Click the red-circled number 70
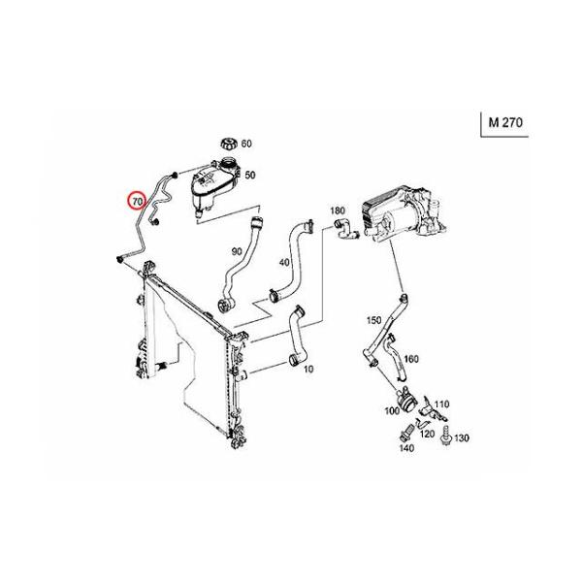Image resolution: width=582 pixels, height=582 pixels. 138,202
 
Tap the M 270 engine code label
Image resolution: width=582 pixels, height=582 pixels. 505,122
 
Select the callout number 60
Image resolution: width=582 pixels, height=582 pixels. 246,144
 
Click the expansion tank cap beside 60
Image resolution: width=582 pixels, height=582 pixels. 228,144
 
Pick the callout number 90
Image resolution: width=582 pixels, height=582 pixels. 237,251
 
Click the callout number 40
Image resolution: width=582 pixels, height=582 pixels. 284,263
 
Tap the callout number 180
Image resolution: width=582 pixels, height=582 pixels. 338,210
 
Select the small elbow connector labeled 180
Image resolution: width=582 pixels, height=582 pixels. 346,230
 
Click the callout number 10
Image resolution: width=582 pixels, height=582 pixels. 308,369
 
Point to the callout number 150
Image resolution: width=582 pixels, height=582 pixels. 373,320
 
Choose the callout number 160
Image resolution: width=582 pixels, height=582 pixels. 411,359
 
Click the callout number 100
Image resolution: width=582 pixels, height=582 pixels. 392,411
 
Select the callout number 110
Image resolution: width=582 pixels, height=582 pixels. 441,404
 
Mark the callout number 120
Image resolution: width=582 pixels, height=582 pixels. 427,434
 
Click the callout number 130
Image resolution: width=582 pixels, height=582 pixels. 462,438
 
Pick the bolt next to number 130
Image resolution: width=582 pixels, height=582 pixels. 445,436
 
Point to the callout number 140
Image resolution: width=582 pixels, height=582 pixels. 406,448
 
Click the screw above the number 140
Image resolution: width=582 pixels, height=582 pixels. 406,433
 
